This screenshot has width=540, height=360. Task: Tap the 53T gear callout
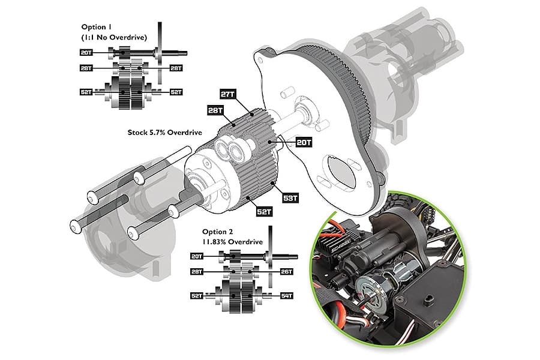click(x=289, y=197)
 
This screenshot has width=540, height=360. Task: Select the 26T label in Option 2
click(x=286, y=271)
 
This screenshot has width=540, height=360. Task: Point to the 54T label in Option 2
click(x=286, y=295)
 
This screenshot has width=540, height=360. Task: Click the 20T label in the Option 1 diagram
click(x=86, y=53)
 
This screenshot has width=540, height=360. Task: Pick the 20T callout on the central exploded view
click(x=304, y=142)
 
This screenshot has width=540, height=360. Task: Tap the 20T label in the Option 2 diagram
click(x=197, y=256)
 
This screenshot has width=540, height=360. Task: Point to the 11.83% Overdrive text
click(x=229, y=241)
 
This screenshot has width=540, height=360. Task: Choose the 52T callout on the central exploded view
click(x=265, y=212)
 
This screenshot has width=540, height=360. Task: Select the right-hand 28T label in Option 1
click(x=176, y=68)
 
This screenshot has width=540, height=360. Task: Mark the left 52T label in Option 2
click(x=197, y=296)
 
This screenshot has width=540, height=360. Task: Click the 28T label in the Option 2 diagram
click(x=197, y=271)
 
